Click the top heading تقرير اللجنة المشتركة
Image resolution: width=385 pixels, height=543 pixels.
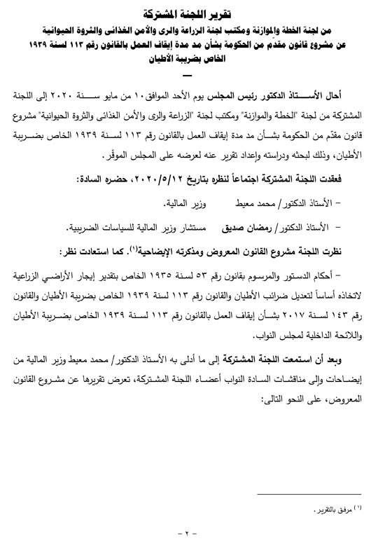192,13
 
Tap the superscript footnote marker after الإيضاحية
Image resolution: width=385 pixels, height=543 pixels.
150,248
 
